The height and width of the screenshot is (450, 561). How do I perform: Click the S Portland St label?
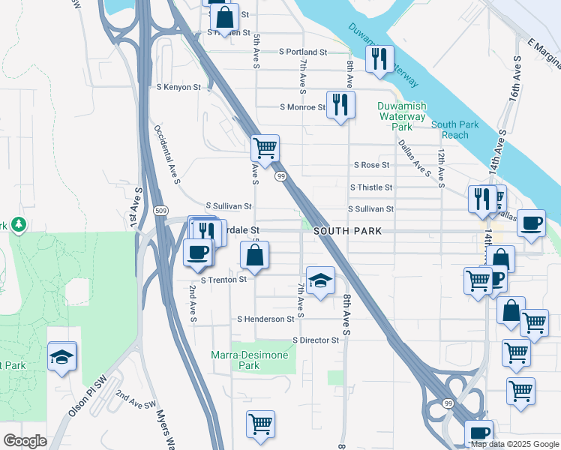click(303, 52)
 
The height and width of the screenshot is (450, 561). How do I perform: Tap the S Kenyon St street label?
click(178, 87)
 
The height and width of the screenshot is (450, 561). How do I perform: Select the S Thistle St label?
click(370, 187)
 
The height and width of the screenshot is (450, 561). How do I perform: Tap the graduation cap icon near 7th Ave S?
click(320, 280)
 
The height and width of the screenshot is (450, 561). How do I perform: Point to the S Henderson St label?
click(265, 319)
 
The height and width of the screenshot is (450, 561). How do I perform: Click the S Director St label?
click(316, 340)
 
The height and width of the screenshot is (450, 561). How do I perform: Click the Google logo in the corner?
click(25, 441)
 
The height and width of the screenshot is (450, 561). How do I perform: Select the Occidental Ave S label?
click(166, 154)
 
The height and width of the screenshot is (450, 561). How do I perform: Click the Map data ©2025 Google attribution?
click(514, 444)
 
